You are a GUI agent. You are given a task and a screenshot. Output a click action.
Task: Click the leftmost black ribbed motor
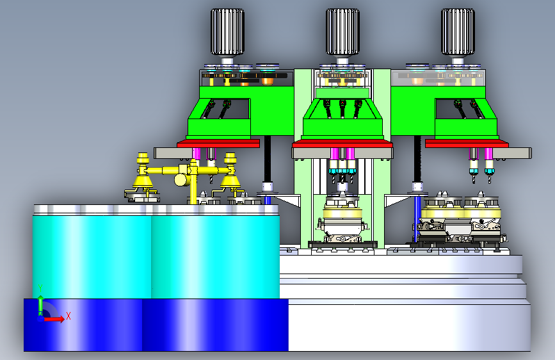point(227,32)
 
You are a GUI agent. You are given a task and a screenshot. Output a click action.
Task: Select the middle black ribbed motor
point(342,32)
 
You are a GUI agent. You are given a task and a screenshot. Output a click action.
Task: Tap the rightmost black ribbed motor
point(458,32)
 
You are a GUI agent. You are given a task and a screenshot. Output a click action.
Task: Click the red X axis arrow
point(53,319)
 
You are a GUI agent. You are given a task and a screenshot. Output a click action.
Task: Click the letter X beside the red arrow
point(68,316)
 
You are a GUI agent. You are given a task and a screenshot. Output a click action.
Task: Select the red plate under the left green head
point(218,143)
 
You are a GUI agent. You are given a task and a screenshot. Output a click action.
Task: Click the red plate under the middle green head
point(342,143)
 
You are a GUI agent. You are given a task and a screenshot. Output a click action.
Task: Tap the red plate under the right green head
point(467,143)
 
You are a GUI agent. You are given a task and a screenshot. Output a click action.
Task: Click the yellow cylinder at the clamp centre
point(181,179)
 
